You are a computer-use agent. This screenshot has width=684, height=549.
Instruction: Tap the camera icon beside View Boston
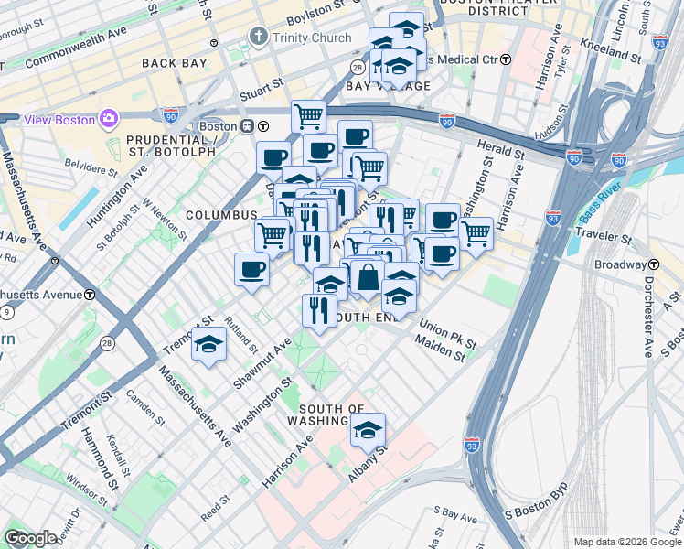pyautogui.click(x=110, y=119)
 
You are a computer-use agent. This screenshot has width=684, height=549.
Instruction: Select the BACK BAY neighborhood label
pyautogui.click(x=176, y=62)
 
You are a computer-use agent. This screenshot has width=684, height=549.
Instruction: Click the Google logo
pyautogui.click(x=30, y=538)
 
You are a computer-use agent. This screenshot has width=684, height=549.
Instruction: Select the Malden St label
pyautogui.click(x=440, y=350)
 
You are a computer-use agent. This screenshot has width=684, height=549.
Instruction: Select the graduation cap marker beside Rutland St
pyautogui.click(x=208, y=345)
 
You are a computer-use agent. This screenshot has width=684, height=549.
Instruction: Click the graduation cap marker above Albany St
pyautogui.click(x=368, y=429)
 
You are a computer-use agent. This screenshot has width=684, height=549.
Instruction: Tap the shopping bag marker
pyautogui.click(x=367, y=277)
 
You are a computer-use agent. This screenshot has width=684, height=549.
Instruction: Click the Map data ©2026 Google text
pyautogui.click(x=625, y=541)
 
